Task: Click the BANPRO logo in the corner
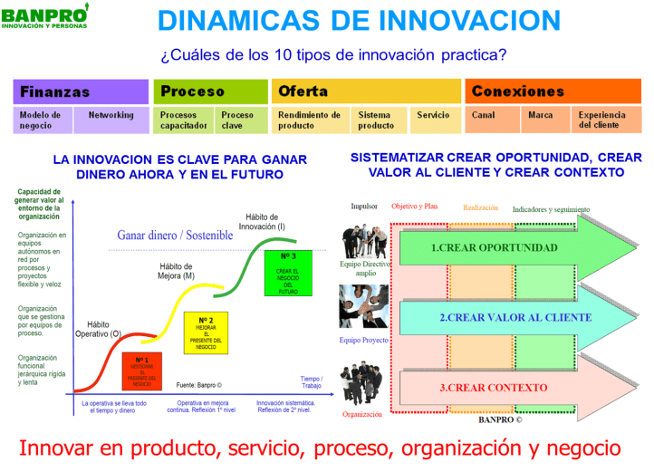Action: (x=45, y=17)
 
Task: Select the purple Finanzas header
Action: (x=81, y=92)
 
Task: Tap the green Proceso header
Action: (x=210, y=92)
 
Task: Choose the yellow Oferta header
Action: (x=366, y=92)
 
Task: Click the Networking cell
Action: (x=111, y=116)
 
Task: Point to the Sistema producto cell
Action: (x=375, y=120)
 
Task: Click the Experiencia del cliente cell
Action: (x=603, y=120)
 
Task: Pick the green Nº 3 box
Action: (x=288, y=273)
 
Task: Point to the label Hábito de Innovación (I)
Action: (x=266, y=222)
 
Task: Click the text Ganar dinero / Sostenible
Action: (x=174, y=236)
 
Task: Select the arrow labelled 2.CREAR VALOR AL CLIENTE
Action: (x=503, y=318)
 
